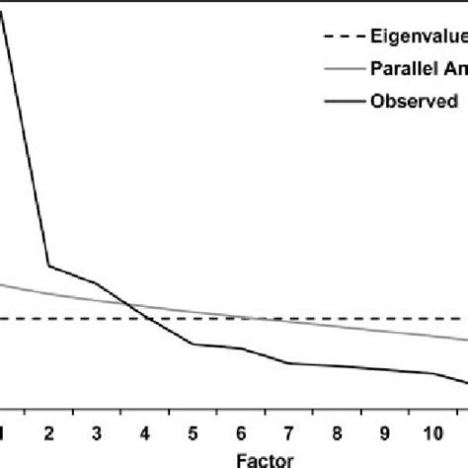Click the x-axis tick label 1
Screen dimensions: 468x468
[x=3, y=432]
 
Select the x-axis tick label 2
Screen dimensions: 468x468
[x=49, y=432]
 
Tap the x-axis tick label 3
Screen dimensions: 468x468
[x=97, y=432]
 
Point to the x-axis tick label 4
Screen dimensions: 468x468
[x=145, y=432]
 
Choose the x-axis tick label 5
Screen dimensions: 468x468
[x=193, y=432]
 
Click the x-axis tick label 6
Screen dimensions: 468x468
[x=241, y=432]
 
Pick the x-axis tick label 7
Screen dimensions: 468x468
[x=288, y=432]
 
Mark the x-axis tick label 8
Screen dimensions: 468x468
[x=337, y=432]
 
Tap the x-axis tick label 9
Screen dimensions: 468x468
[x=384, y=432]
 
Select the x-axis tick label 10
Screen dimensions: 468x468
[x=430, y=432]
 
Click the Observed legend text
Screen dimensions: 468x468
[x=414, y=100]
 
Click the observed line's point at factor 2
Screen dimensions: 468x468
[x=49, y=266]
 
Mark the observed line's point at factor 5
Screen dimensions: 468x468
[x=193, y=344]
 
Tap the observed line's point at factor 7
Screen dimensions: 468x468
[x=288, y=363]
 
